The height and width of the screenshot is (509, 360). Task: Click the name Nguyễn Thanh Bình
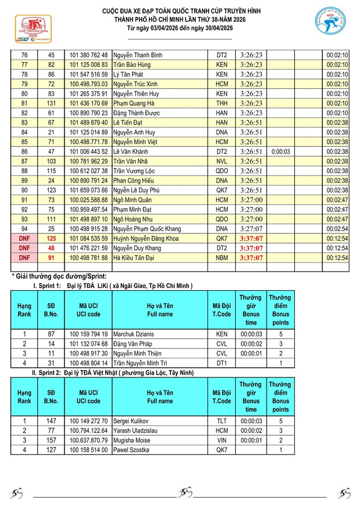(138, 55)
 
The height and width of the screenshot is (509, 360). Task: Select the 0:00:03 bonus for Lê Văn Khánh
(280, 152)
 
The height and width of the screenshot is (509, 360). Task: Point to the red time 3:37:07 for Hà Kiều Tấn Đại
(251, 258)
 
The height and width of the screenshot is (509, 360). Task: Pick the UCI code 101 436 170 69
(88, 103)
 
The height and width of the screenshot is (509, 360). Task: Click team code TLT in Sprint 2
(222, 421)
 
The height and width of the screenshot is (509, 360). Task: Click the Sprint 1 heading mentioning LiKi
(112, 286)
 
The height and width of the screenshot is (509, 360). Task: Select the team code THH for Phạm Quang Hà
(222, 103)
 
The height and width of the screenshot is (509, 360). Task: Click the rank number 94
(24, 229)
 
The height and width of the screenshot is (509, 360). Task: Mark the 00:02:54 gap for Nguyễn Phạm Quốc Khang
(337, 229)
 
